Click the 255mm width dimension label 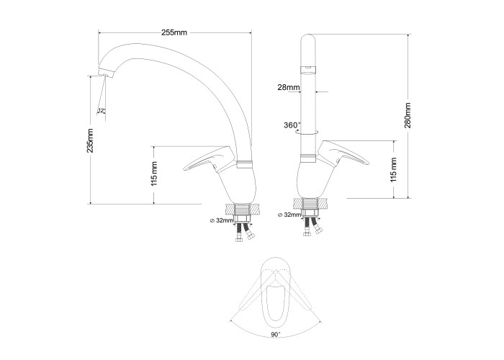click(174, 32)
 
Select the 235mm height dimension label click(91, 140)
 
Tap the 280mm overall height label click(408, 115)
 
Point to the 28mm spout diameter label click(289, 87)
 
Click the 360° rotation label click(292, 125)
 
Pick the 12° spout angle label click(102, 110)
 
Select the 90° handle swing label click(276, 335)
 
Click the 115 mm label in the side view click(154, 174)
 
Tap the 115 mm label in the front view click(394, 170)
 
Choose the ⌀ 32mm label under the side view click(221, 220)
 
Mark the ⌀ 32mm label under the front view click(289, 215)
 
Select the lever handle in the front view click(342, 153)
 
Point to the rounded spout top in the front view click(308, 40)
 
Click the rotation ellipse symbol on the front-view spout click(307, 132)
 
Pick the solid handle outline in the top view click(275, 292)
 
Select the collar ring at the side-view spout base click(245, 164)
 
